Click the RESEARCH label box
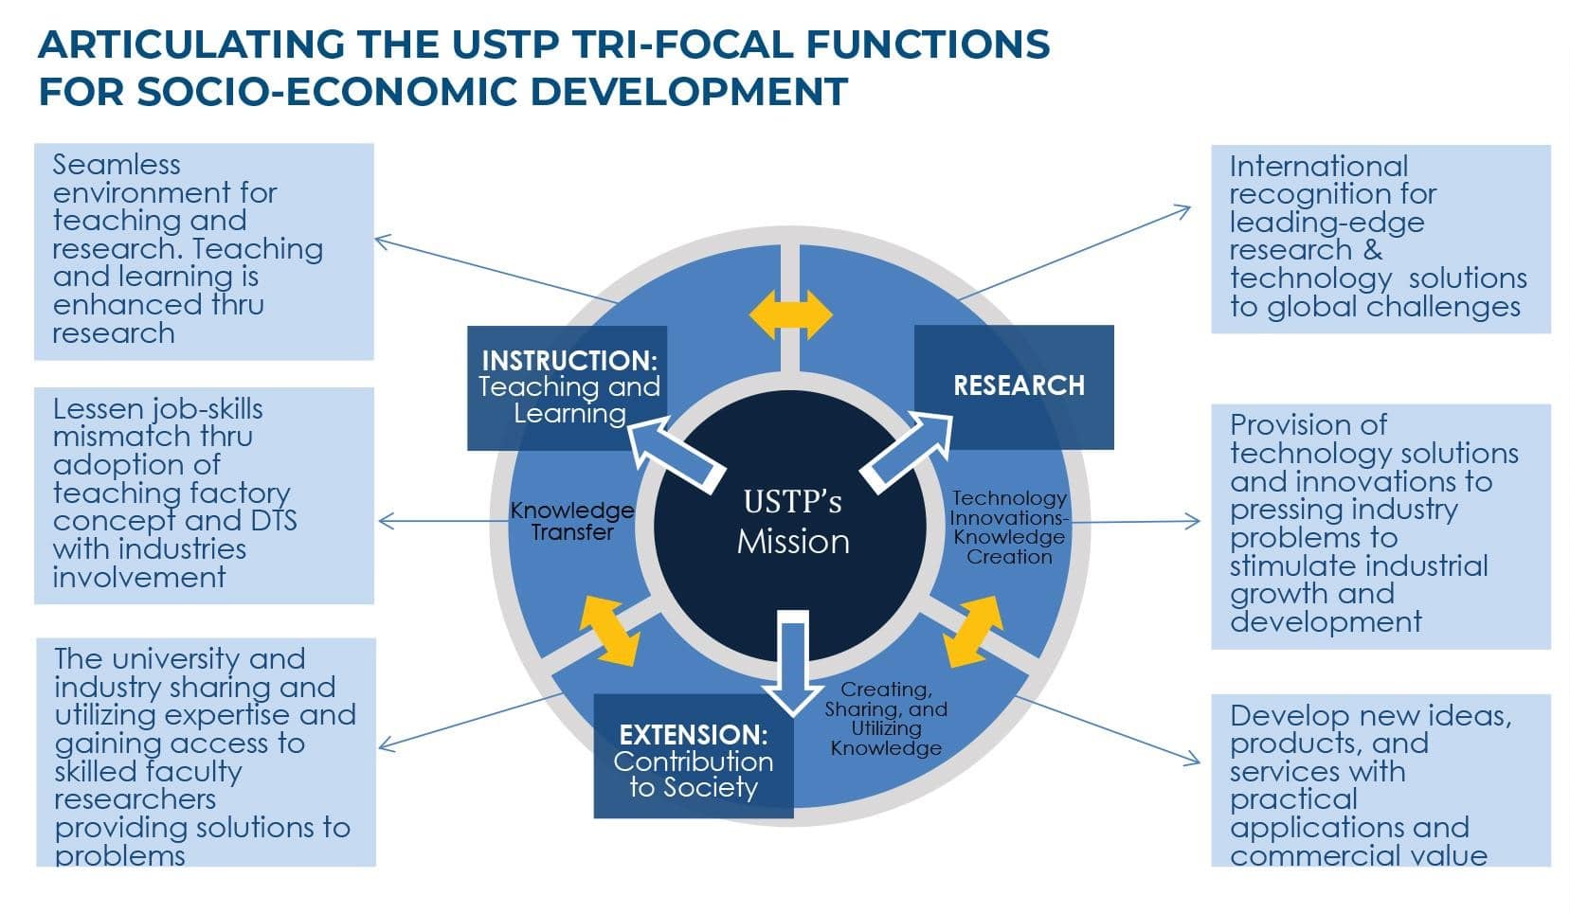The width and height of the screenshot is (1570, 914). pos(1014,386)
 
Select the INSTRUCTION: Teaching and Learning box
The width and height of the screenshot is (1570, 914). pos(567,387)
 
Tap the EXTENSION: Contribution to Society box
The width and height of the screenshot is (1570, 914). pos(694,756)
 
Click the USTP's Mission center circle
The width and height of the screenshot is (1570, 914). pos(790,526)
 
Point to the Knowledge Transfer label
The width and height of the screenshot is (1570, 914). pos(572,521)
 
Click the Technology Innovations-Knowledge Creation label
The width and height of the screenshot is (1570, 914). pos(1009,528)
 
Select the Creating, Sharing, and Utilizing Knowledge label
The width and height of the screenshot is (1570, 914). pos(886,719)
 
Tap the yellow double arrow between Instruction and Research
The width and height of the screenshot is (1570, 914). pos(790,315)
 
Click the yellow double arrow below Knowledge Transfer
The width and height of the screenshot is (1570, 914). pos(608,631)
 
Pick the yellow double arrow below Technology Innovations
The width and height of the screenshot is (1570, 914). pos(973,632)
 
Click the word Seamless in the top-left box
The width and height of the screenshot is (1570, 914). pos(117,166)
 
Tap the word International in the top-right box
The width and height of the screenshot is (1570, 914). pos(1318,167)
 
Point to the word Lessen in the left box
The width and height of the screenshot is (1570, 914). pos(99,409)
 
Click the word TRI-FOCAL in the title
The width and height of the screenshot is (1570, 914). pos(682,45)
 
